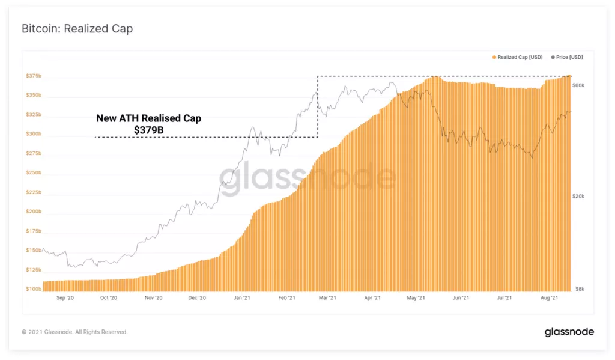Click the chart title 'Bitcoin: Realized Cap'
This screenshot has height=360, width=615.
[77, 29]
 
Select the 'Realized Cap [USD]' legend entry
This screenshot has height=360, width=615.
[520, 57]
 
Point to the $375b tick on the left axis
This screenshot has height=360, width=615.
[34, 76]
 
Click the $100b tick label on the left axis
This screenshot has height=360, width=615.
[34, 289]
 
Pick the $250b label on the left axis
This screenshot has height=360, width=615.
[34, 173]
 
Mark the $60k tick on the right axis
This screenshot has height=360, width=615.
[578, 86]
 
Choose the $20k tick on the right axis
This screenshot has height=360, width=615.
[578, 197]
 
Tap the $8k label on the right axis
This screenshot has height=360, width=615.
[578, 289]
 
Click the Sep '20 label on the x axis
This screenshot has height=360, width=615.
[65, 297]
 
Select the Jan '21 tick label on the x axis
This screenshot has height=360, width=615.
[242, 297]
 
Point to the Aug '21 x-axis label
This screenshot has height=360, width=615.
[550, 297]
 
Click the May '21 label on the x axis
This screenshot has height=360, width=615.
[416, 297]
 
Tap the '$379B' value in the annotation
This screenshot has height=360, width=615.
[148, 129]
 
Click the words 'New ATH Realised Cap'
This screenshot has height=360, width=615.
[148, 118]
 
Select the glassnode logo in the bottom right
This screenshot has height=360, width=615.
[569, 332]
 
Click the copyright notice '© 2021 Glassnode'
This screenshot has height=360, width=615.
[74, 332]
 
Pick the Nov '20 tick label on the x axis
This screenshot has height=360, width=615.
[154, 297]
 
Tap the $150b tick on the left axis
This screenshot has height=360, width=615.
[34, 251]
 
